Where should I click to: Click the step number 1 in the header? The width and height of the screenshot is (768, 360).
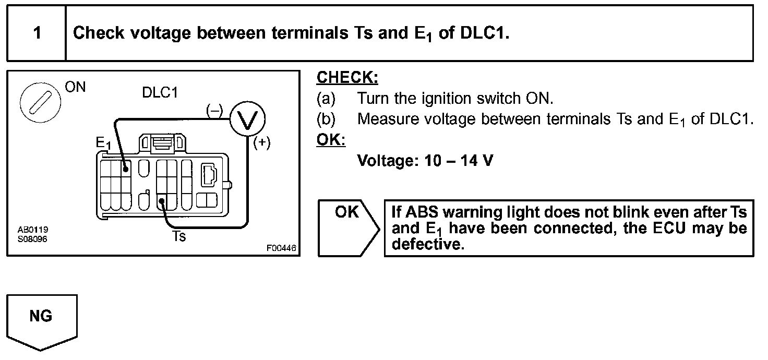pos(37,33)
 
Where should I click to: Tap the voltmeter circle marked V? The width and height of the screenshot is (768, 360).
pos(248,119)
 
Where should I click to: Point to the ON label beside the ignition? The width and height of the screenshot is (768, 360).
pos(76,87)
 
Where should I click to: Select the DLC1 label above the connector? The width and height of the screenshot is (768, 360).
pos(160,92)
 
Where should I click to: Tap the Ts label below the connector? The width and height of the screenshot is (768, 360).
pos(179,236)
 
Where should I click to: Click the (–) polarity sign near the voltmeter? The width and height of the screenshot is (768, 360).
pos(214,110)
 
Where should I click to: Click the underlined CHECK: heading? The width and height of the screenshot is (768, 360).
pos(347,78)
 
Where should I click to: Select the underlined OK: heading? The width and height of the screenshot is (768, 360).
pos(331,140)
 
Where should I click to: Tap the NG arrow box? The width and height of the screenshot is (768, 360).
pos(41,318)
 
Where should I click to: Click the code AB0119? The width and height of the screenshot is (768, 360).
pos(30,230)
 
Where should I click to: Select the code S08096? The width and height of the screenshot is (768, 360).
pos(30,239)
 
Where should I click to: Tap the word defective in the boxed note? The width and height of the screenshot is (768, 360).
pos(427,244)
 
